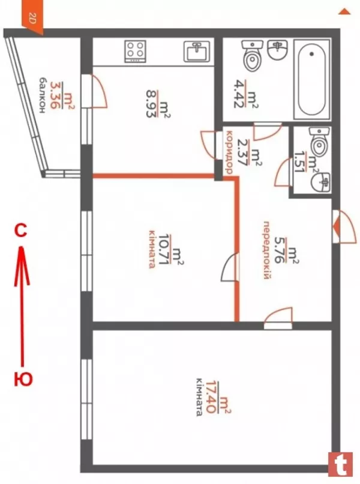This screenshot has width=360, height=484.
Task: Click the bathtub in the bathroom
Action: [x=311, y=78]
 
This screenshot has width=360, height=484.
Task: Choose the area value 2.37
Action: [x=243, y=153]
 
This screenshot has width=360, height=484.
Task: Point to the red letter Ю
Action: [x=23, y=378]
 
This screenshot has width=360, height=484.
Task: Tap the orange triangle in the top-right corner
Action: [x=344, y=11]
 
